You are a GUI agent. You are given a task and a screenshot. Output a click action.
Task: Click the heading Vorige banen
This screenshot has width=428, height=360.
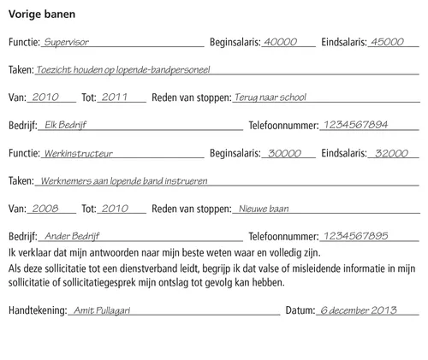pos(40,15)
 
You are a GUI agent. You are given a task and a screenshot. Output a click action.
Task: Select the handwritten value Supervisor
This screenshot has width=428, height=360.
pos(66,41)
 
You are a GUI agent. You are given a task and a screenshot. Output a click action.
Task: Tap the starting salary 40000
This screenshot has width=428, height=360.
pos(280,41)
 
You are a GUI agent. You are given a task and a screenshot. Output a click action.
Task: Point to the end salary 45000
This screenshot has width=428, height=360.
pos(387,41)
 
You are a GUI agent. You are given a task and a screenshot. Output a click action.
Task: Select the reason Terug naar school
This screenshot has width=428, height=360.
pos(270,97)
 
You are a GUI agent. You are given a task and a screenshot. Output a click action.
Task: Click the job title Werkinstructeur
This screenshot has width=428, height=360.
pos(77,154)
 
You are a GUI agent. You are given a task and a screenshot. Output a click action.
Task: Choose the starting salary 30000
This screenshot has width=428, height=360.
pos(285,153)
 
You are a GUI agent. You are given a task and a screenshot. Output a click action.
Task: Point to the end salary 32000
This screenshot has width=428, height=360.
pos(391,153)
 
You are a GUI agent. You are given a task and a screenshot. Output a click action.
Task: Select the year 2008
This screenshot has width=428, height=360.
pos(45,208)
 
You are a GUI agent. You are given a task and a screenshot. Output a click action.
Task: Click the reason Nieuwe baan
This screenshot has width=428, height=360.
pos(264,208)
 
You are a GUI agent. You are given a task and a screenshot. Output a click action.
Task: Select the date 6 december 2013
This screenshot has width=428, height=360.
pos(360,310)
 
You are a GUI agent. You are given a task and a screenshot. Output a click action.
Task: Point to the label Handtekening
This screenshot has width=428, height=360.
pos(37,311)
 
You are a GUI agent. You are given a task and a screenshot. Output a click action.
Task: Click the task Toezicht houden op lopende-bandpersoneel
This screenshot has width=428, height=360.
pos(123,68)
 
